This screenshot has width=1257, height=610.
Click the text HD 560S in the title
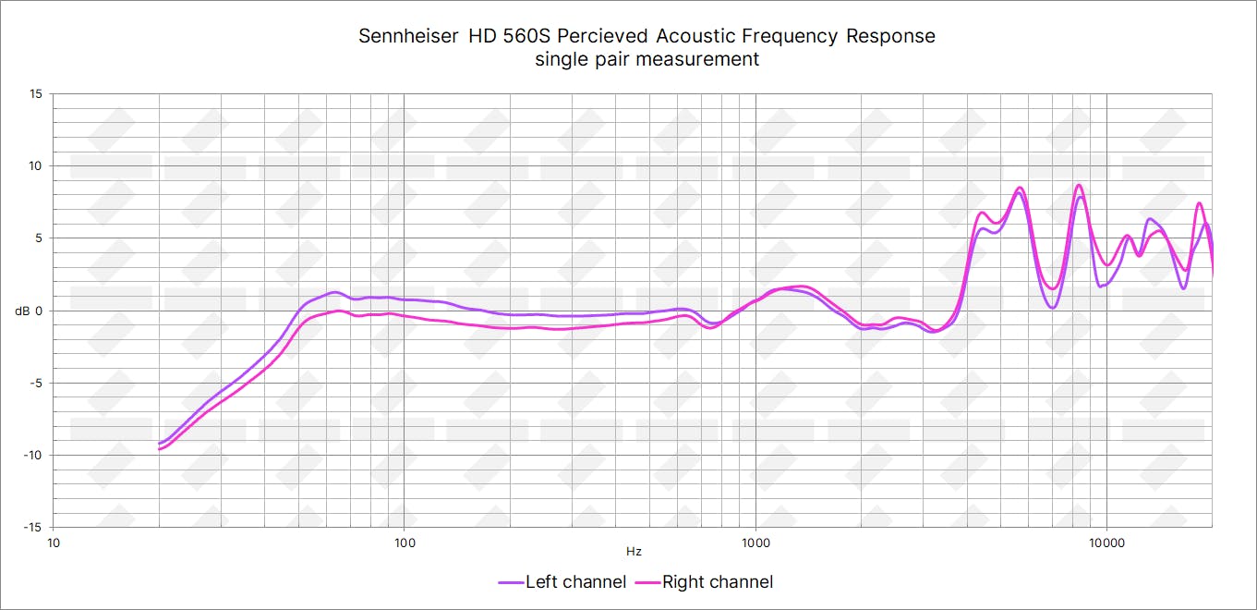point(505,37)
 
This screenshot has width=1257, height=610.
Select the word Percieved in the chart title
point(604,37)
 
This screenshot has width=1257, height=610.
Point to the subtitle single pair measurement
point(647,59)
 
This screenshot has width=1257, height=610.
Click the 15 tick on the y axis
point(35,94)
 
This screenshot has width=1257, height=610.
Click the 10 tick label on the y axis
point(35,166)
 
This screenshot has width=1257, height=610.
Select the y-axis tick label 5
point(39,238)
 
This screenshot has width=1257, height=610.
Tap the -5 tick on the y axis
point(36,383)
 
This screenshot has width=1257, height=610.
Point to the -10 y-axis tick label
point(33,455)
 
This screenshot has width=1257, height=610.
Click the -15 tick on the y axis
point(33,527)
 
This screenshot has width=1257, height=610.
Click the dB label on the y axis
point(22,311)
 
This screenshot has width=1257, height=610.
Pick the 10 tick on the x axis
point(54,542)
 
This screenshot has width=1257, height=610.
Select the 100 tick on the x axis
point(405,542)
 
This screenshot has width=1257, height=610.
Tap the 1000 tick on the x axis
point(755,542)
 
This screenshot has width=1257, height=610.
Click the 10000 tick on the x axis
point(1106,542)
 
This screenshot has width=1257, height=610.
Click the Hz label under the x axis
point(634,552)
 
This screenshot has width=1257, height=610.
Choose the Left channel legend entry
point(562,582)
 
